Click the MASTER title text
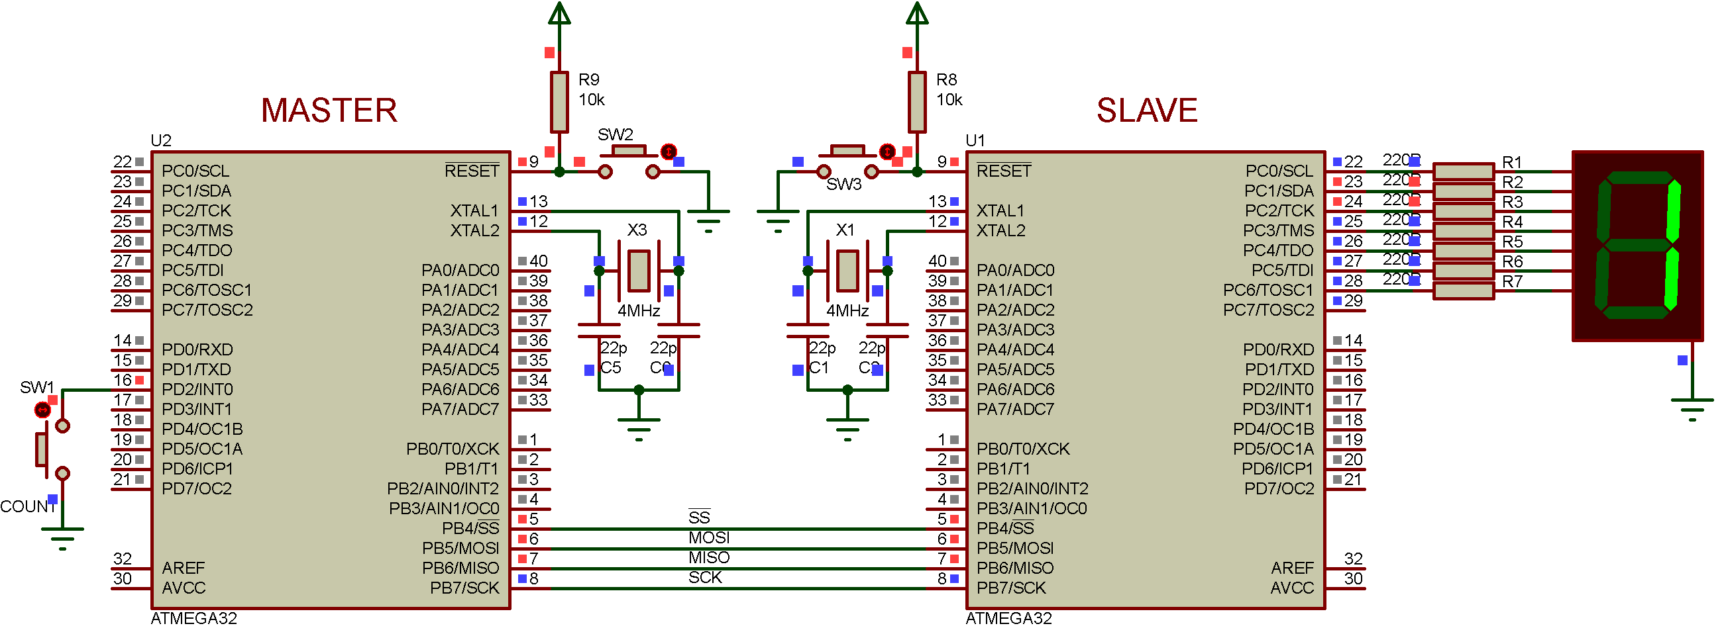pyautogui.click(x=329, y=111)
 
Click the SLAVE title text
pyautogui.click(x=1146, y=111)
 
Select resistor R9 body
pyautogui.click(x=559, y=103)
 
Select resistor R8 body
pyautogui.click(x=917, y=103)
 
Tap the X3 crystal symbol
pyautogui.click(x=639, y=271)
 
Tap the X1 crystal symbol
pyautogui.click(x=847, y=271)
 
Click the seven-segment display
pyautogui.click(x=1638, y=246)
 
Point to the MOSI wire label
pyautogui.click(x=709, y=537)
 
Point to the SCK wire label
pyautogui.click(x=705, y=577)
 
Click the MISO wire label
pyautogui.click(x=709, y=557)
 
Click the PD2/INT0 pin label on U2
pyautogui.click(x=197, y=389)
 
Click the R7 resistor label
pyautogui.click(x=1511, y=281)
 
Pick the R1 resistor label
pyautogui.click(x=1511, y=162)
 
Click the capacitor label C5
pyautogui.click(x=610, y=367)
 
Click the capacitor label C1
pyautogui.click(x=819, y=367)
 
